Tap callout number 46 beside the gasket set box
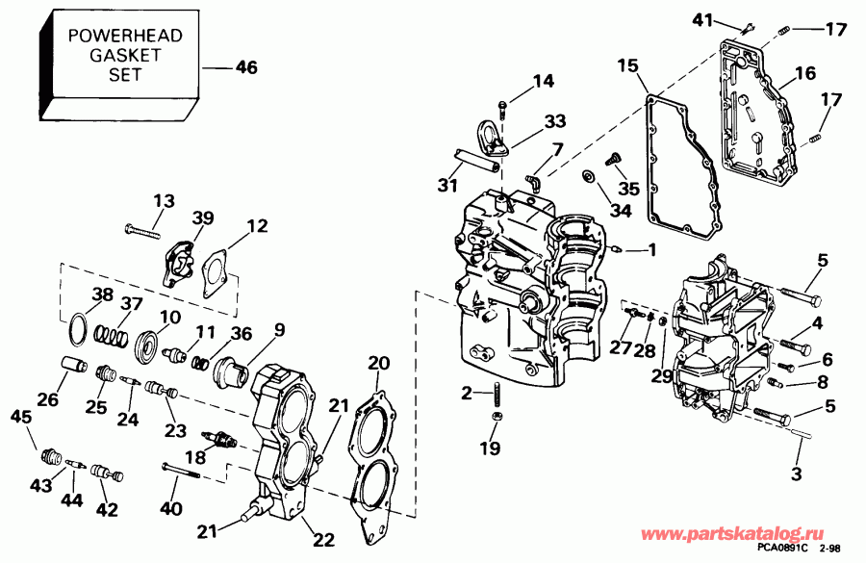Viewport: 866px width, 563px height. click(x=246, y=67)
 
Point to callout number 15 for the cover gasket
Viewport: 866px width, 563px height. click(x=627, y=66)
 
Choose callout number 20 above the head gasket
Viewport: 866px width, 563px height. click(x=378, y=363)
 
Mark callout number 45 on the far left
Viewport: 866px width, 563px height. click(x=20, y=416)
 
